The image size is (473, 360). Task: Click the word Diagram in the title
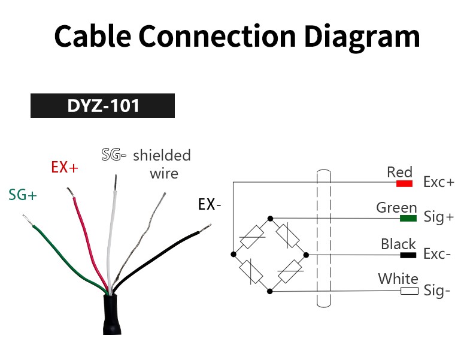pos(362,37)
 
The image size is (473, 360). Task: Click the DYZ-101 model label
pos(103,105)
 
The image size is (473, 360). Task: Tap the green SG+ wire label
pos(23,195)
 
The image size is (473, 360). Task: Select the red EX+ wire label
pos(65,167)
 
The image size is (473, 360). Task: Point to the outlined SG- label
pos(113,155)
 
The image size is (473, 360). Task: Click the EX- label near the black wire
pos(210,205)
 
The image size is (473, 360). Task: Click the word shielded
pos(162,155)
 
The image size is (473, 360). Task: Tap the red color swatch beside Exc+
pos(404,183)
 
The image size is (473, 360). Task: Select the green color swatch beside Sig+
pos(408,218)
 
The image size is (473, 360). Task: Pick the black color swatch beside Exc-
pos(408,255)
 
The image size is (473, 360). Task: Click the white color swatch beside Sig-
pos(410,291)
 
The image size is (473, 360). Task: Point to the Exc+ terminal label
pos(439,182)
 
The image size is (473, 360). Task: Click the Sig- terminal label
pos(437,291)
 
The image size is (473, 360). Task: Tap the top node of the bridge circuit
pos(270,219)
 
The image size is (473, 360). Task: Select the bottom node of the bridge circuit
pos(270,291)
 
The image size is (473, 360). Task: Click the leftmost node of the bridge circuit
pos(233,255)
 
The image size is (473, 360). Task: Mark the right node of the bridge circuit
pos(306,255)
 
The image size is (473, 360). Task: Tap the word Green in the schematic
pos(396,208)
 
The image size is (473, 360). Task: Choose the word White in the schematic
pos(398,279)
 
